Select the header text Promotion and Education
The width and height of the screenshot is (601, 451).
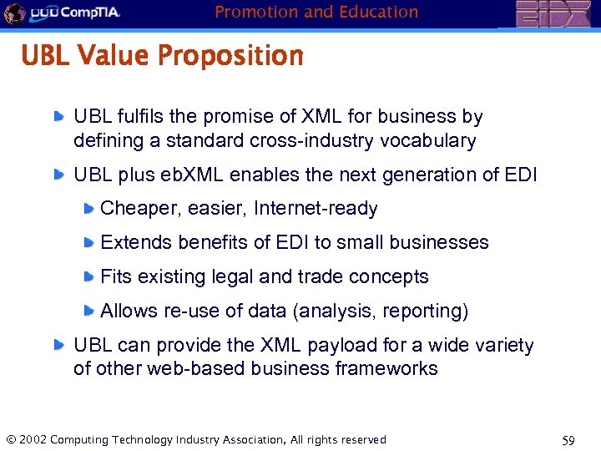[x=316, y=12]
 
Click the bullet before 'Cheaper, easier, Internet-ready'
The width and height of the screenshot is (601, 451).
[x=88, y=209]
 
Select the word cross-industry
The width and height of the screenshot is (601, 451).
[x=312, y=141]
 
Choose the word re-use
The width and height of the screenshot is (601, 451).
[x=191, y=312]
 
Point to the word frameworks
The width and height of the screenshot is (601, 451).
[x=386, y=369]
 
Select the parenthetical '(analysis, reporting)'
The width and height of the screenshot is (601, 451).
[x=380, y=312]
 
